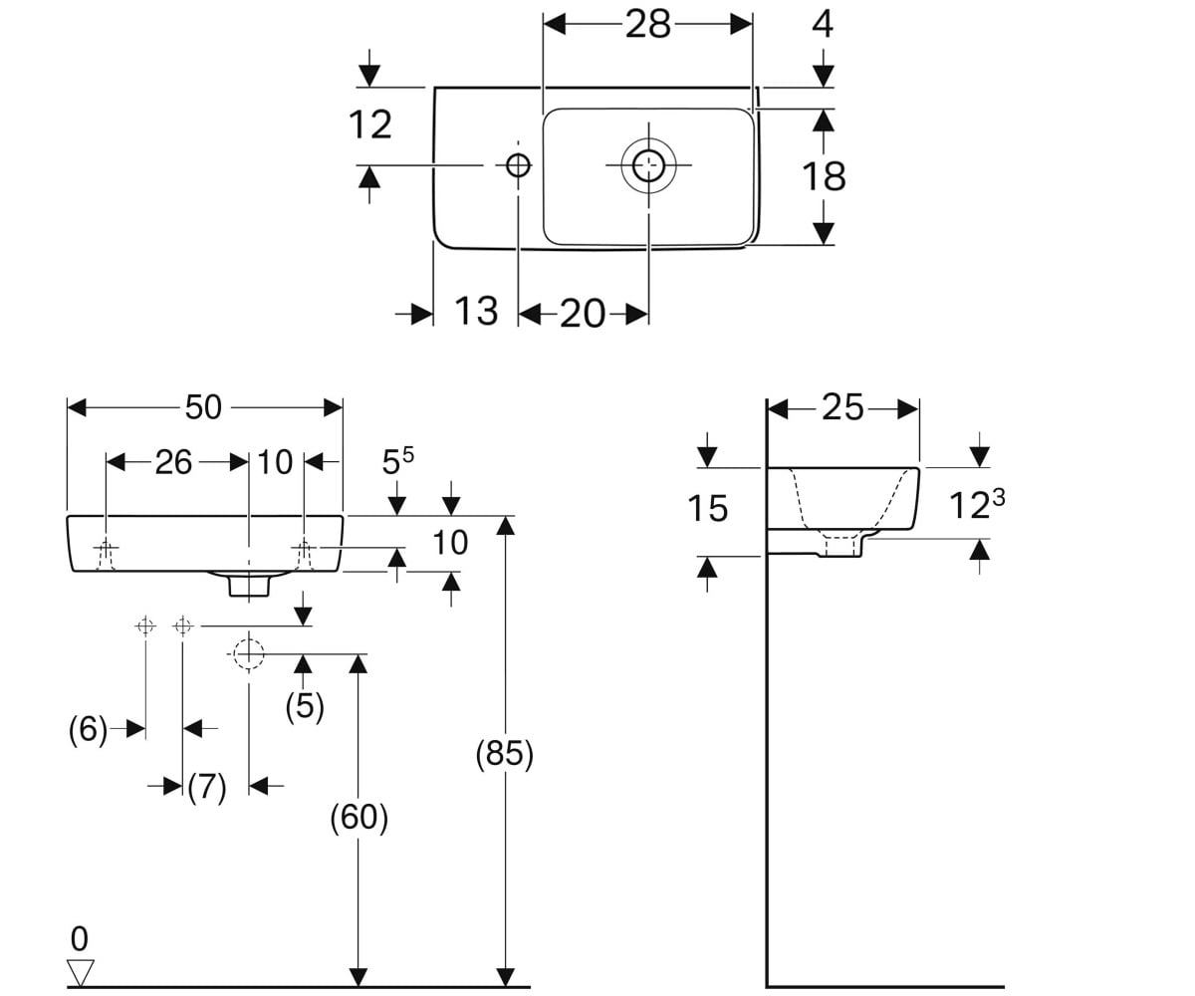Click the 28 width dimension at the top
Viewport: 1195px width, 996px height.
pyautogui.click(x=647, y=25)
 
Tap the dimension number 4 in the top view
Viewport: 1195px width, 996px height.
pyautogui.click(x=823, y=24)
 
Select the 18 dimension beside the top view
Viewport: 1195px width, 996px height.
pyautogui.click(x=824, y=176)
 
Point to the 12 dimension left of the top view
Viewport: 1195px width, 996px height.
pyautogui.click(x=370, y=124)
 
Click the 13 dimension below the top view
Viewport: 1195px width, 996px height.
pyautogui.click(x=476, y=312)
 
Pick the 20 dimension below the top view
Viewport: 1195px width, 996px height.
pyautogui.click(x=582, y=314)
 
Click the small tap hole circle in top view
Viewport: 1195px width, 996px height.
pyautogui.click(x=519, y=165)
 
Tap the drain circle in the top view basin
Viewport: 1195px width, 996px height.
pyautogui.click(x=648, y=165)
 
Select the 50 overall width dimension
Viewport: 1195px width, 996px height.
pyautogui.click(x=203, y=408)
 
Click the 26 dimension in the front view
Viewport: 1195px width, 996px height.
pyautogui.click(x=173, y=462)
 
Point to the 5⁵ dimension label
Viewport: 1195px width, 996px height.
pyautogui.click(x=397, y=461)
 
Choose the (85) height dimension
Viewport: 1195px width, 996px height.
pyautogui.click(x=504, y=754)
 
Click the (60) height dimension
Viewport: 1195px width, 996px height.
pyautogui.click(x=358, y=817)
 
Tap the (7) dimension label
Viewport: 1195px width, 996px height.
pyautogui.click(x=206, y=787)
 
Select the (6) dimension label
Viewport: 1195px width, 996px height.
pyautogui.click(x=88, y=730)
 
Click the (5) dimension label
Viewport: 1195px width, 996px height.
pyautogui.click(x=305, y=706)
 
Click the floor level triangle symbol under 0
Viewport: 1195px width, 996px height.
pyautogui.click(x=80, y=972)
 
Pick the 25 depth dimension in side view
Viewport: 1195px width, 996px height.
pyautogui.click(x=842, y=408)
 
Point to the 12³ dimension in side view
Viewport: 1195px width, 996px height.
pyautogui.click(x=976, y=504)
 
